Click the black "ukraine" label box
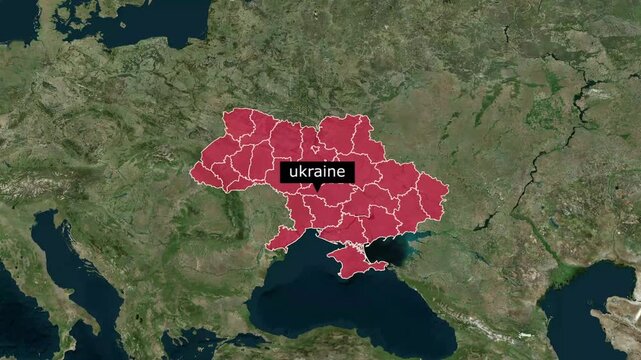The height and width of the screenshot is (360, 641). click(x=316, y=172)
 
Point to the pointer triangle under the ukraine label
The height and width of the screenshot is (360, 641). click(x=316, y=187)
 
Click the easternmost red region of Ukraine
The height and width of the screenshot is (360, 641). click(x=432, y=195)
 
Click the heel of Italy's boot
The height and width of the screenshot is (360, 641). click(x=116, y=335)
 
